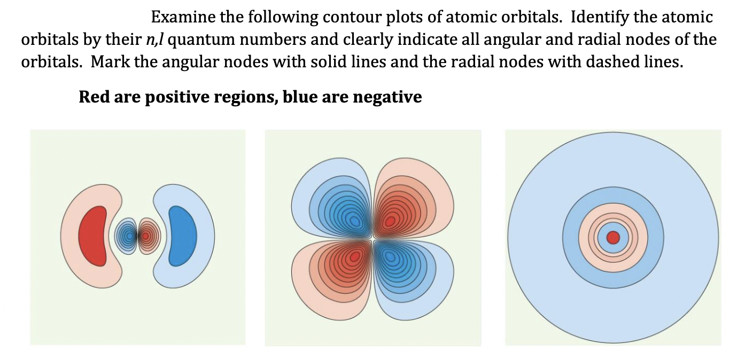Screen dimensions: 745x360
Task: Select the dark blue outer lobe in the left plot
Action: [183, 236]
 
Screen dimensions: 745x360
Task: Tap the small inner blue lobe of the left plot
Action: [127, 235]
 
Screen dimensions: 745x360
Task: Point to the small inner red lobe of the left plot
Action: [145, 235]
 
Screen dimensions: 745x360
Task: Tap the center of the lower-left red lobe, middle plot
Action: [354, 257]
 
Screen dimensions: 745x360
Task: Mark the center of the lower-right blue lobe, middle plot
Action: [391, 257]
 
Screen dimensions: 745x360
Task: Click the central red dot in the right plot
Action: [612, 237]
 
